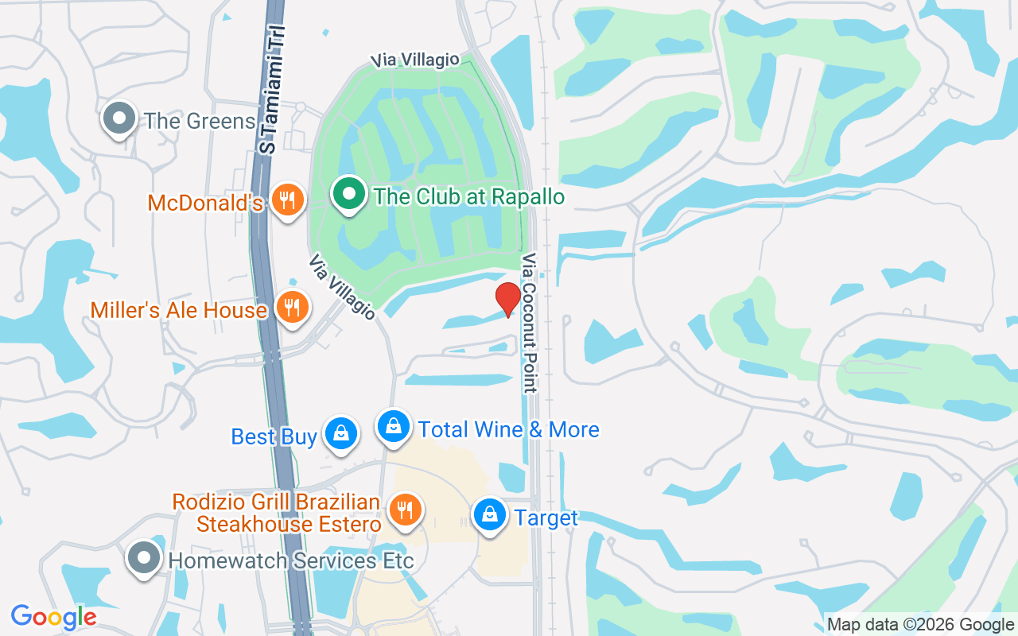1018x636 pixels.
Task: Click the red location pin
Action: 508,298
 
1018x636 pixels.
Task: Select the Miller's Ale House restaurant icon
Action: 293,306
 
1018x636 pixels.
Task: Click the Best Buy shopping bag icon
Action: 341,433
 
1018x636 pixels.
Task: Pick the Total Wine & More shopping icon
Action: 393,427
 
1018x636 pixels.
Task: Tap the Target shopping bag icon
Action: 491,515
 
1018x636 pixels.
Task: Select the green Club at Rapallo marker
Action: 348,194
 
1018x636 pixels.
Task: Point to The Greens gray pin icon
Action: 119,118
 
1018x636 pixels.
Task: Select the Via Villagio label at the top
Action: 417,60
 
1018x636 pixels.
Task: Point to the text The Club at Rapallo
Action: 469,197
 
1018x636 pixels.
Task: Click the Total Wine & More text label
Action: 509,429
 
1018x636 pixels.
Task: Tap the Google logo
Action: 53,617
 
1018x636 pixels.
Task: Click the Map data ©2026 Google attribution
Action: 920,625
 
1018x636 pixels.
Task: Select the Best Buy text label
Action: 274,436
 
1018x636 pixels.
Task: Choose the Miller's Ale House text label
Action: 178,309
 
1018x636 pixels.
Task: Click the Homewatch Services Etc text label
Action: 291,560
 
